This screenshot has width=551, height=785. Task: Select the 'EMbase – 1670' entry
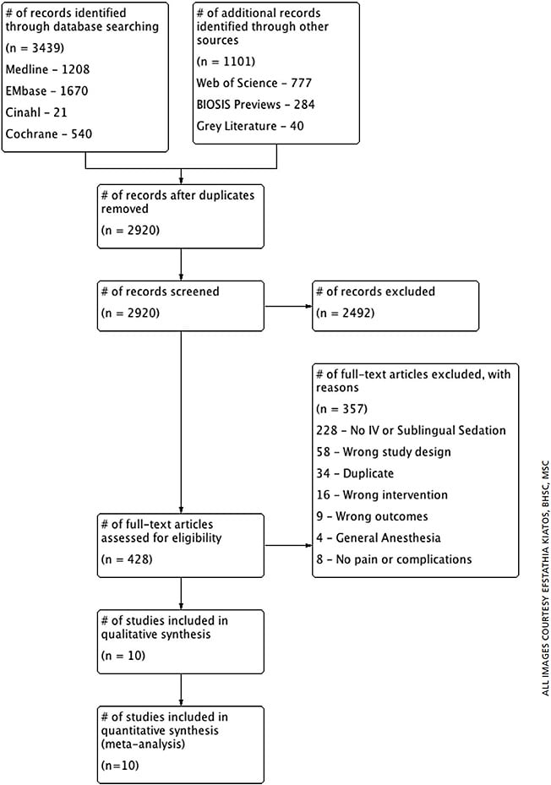point(47,90)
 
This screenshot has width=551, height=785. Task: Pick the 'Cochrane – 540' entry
point(49,134)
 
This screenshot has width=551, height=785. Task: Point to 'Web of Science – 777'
point(253,83)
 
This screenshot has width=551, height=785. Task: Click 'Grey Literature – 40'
point(250,126)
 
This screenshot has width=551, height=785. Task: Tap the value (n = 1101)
point(225,62)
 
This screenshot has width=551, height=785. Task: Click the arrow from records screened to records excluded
point(287,307)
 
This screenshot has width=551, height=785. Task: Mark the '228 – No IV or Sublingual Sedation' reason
point(411,431)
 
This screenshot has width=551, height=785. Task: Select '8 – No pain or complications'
point(393,559)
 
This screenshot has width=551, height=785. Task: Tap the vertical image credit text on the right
point(543,577)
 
